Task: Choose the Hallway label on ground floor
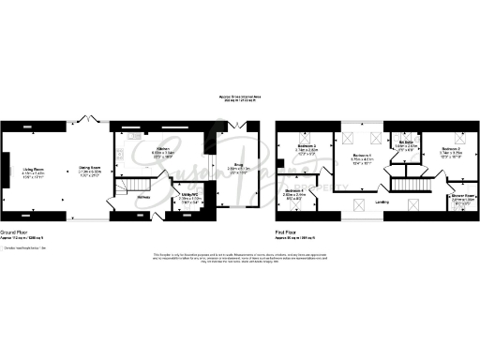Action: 144,197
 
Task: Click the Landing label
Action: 383,202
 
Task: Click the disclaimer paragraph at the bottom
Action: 241,258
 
